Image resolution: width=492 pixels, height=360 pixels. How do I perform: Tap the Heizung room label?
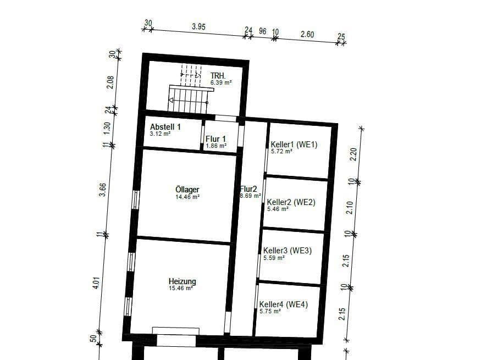coord(182,281)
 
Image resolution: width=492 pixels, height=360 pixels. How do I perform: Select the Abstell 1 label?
coord(165,126)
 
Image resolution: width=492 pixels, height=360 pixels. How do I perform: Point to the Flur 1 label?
coord(216,139)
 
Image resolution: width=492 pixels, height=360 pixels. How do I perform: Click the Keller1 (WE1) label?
coord(294,145)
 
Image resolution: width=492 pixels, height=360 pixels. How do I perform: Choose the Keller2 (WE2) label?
coord(291,202)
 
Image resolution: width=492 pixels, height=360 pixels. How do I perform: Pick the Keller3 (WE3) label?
coord(286,251)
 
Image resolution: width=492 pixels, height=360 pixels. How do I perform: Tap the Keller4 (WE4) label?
coord(284,304)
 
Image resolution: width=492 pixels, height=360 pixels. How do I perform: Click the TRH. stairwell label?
coord(218,75)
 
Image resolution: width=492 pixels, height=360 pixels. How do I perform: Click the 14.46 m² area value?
coord(187,197)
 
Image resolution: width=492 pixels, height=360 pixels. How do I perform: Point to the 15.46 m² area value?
coord(181,288)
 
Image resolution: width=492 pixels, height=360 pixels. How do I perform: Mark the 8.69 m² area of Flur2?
coord(251,196)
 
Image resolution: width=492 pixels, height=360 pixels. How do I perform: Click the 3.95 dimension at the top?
coord(198,26)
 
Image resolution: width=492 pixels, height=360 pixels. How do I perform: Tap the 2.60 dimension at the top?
coord(307,34)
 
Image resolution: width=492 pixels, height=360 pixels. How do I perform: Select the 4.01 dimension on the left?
coord(96,284)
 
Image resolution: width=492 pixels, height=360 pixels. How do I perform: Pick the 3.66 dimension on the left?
coord(102,190)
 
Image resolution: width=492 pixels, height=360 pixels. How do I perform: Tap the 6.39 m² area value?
coord(221,82)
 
